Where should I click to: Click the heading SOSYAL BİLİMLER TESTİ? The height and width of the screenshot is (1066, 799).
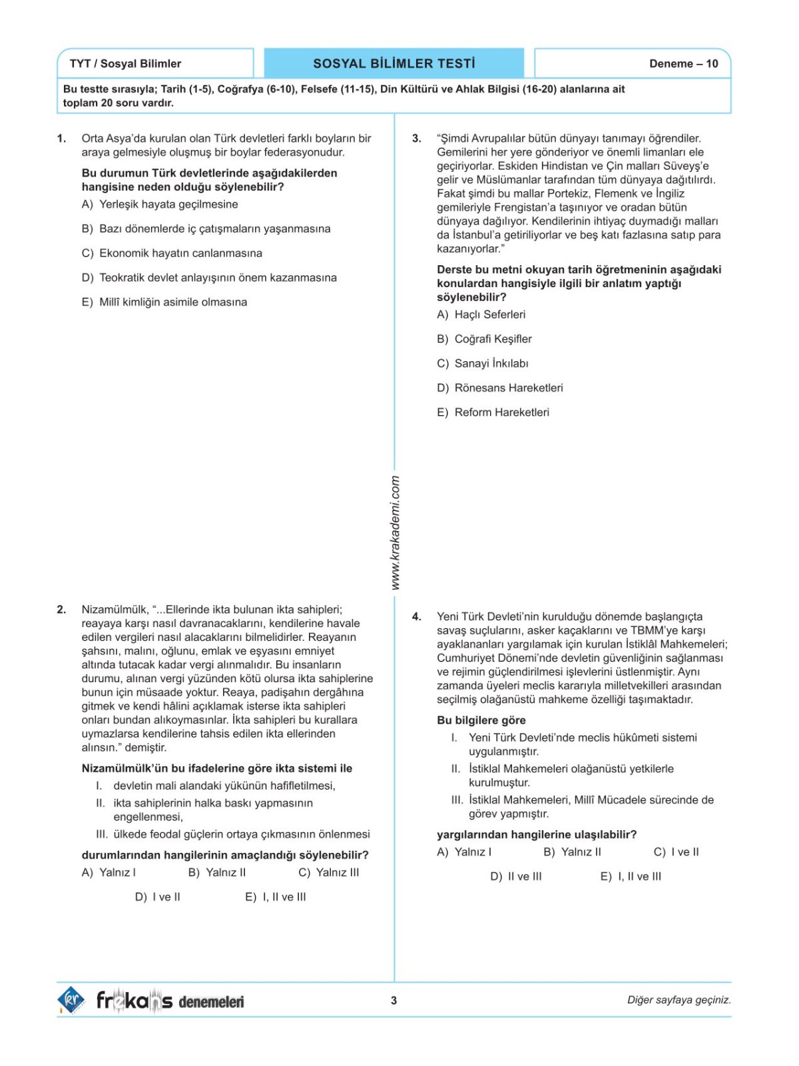(394, 64)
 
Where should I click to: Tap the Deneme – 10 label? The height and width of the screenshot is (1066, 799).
(683, 64)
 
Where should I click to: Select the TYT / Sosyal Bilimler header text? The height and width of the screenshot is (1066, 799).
(125, 64)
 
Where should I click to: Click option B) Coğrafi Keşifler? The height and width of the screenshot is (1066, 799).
(484, 339)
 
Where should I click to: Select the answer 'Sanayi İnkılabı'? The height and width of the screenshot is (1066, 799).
(483, 363)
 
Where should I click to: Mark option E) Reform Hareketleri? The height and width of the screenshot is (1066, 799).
(493, 412)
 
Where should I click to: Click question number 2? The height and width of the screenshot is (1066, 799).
(61, 610)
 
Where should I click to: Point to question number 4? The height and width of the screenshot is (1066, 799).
(417, 617)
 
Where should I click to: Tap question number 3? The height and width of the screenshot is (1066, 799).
(417, 139)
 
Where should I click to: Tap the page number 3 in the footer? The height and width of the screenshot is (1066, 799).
(394, 1000)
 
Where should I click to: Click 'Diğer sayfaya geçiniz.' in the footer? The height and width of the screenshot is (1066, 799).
(678, 1000)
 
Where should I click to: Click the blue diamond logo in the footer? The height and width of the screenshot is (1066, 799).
(71, 1000)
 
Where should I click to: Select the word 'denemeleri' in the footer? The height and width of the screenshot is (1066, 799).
(212, 1001)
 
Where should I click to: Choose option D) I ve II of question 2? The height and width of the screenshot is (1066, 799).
(158, 897)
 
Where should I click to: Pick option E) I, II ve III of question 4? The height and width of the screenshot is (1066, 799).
(631, 877)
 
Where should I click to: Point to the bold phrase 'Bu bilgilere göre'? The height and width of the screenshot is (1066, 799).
(481, 720)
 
